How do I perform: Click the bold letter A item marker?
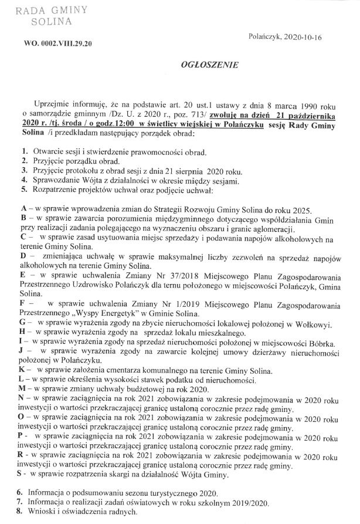23,210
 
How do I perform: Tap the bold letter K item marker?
23,371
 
